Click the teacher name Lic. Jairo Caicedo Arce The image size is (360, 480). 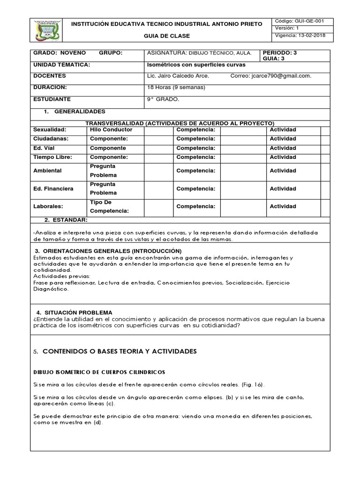tap(178, 76)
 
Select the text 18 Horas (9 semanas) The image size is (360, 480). tap(170, 87)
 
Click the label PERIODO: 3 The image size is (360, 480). tap(280, 53)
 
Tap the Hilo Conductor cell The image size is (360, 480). tap(111, 130)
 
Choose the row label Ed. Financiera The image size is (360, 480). tap(53, 189)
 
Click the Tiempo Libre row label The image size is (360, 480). tap(52, 157)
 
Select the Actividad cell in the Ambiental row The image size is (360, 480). tap(283, 171)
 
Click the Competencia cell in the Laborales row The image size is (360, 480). tap(195, 206)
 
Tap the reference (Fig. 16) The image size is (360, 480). tap(252, 385)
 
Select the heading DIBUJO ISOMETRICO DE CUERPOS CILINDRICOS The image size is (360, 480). tap(99, 372)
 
